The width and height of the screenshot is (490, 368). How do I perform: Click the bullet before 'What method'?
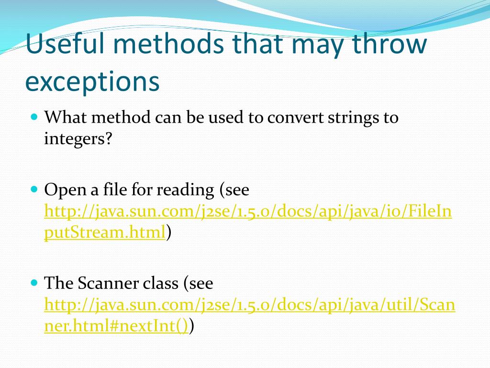33,116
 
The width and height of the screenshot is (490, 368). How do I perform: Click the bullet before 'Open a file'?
33,189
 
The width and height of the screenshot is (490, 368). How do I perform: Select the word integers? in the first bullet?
78,139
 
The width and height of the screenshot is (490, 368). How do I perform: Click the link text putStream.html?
105,232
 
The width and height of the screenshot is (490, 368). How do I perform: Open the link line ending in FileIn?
248,211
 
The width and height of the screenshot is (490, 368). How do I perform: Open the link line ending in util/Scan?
249,304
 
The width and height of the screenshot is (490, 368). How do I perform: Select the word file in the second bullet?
114,190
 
